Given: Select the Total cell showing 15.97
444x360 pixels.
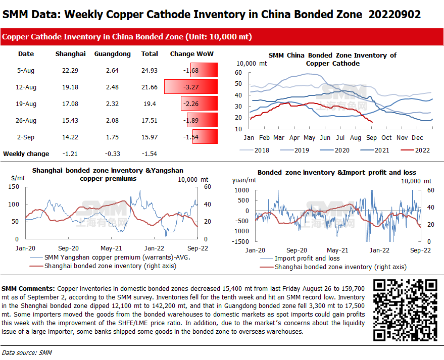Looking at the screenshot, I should click(150, 137).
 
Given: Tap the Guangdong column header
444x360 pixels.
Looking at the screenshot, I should click(112, 54).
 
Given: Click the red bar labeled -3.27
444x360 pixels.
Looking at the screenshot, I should click(191, 87).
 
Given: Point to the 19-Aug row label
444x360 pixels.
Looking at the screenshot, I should click(26, 104).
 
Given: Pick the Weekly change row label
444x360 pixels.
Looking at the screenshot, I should click(26, 153).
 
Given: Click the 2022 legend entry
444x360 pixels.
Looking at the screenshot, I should click(415, 150).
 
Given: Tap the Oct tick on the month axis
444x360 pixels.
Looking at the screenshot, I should click(386, 137).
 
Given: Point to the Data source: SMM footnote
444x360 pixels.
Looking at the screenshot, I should click(27, 352).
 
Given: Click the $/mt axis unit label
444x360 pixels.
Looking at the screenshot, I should click(18, 178).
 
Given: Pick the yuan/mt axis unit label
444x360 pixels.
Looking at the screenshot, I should click(244, 179).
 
